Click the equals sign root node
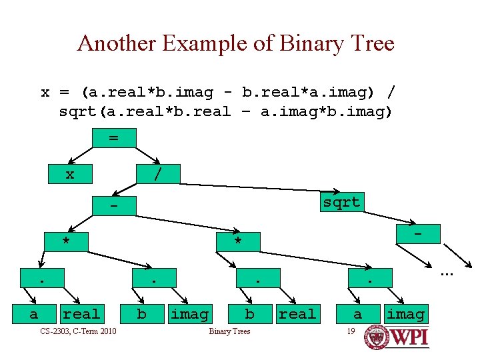(113, 137)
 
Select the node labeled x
(69, 175)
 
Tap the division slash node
(157, 175)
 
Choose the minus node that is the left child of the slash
(113, 207)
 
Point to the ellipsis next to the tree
(445, 273)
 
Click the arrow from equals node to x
(81, 156)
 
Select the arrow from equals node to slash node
(147, 156)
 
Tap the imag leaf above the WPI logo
(405, 313)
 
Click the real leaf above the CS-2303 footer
(81, 313)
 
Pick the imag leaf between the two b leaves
(189, 313)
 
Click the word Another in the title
(117, 44)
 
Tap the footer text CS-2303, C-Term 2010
(78, 331)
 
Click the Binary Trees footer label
(229, 331)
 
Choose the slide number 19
(351, 331)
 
